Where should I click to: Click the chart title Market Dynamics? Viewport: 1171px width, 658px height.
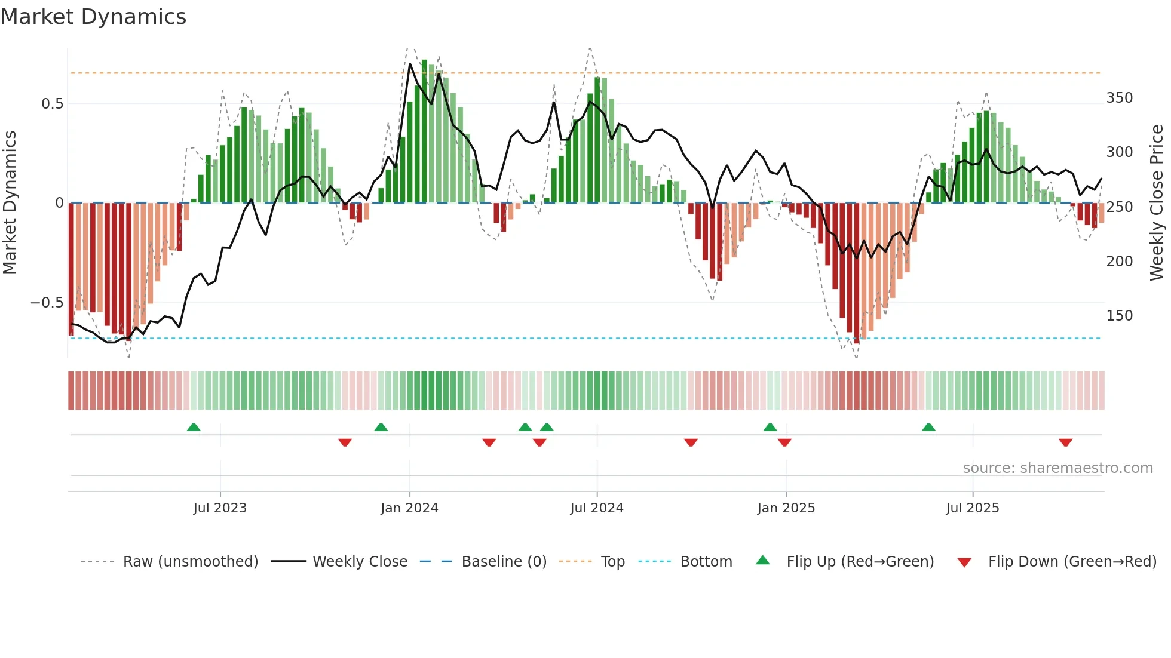pos(94,17)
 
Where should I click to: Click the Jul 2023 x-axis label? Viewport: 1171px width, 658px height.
pos(220,508)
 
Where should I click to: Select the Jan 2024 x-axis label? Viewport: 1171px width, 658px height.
pos(409,508)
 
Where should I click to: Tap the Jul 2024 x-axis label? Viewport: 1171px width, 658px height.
pos(597,508)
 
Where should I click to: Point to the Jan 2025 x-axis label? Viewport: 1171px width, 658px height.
pos(786,508)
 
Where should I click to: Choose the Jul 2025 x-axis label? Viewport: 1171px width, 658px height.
pos(972,508)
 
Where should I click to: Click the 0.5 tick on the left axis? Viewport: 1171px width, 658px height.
pos(53,104)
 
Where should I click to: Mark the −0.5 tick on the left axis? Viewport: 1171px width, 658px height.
pos(47,303)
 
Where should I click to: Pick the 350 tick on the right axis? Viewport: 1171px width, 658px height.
pos(1119,98)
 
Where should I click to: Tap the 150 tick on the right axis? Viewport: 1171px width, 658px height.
pos(1119,316)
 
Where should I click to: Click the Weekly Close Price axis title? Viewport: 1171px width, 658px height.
pos(1157,202)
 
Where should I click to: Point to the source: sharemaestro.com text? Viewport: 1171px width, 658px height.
pos(1057,468)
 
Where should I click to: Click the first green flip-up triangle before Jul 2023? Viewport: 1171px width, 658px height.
pos(194,427)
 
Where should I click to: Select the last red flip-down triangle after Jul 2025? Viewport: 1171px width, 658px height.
pos(1065,442)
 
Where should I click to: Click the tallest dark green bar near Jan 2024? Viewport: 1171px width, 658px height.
pos(424,131)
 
